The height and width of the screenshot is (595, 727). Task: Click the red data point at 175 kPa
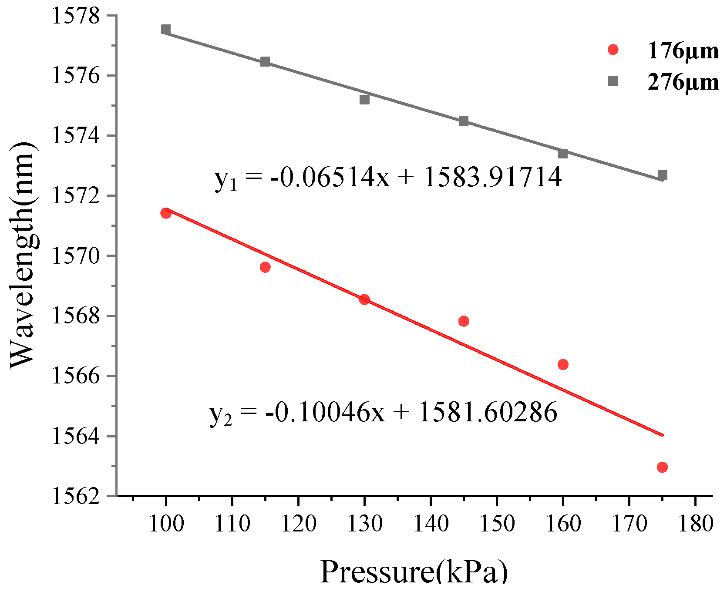point(662,467)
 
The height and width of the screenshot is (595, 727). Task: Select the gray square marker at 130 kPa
point(364,100)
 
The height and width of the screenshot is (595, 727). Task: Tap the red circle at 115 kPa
point(265,267)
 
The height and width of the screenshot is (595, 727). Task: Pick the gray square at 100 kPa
point(165,29)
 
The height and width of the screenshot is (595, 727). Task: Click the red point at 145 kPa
point(464,321)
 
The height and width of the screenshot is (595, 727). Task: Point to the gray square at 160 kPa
point(563,154)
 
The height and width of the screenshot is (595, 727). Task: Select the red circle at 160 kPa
point(563,364)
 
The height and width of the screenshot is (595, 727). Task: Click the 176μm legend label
point(683,51)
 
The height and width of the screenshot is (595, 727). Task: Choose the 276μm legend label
point(683,82)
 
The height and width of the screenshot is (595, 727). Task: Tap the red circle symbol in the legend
point(613,50)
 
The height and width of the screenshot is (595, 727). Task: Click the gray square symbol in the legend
point(613,81)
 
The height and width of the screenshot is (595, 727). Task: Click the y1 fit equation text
point(388,178)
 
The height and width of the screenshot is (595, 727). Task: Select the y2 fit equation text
point(383,412)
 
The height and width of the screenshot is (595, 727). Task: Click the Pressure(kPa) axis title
point(414,571)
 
